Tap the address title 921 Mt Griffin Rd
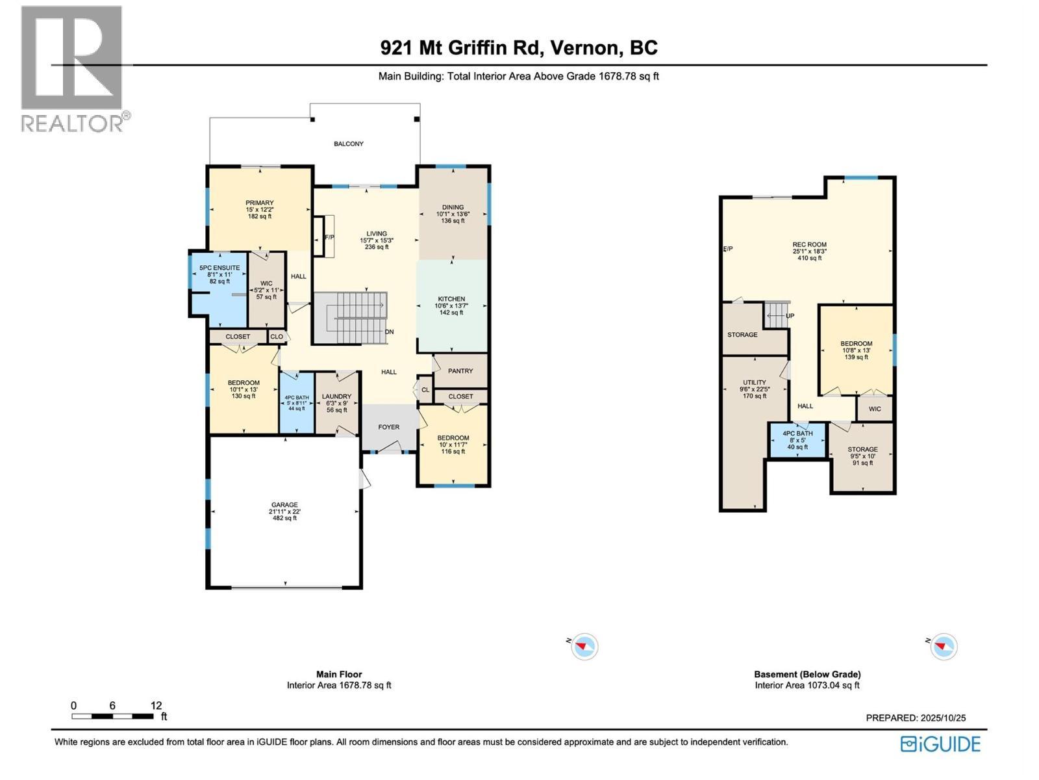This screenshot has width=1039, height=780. [518, 47]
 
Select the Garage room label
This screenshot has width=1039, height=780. [284, 505]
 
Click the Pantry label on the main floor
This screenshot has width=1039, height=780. [460, 370]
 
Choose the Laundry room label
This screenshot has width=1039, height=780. [336, 396]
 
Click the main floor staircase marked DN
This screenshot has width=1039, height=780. [351, 317]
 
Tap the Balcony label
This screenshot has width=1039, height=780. [349, 144]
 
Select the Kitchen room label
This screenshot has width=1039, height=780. [451, 300]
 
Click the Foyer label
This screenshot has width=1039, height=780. [389, 427]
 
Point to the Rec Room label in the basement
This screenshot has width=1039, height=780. [809, 245]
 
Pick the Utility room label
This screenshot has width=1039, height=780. [755, 383]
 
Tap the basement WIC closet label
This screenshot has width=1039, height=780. [875, 409]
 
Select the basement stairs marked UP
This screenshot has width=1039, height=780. [777, 316]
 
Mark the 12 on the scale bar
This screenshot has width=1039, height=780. [156, 705]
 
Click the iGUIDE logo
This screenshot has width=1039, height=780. [940, 744]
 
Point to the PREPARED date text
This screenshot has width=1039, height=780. [916, 718]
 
